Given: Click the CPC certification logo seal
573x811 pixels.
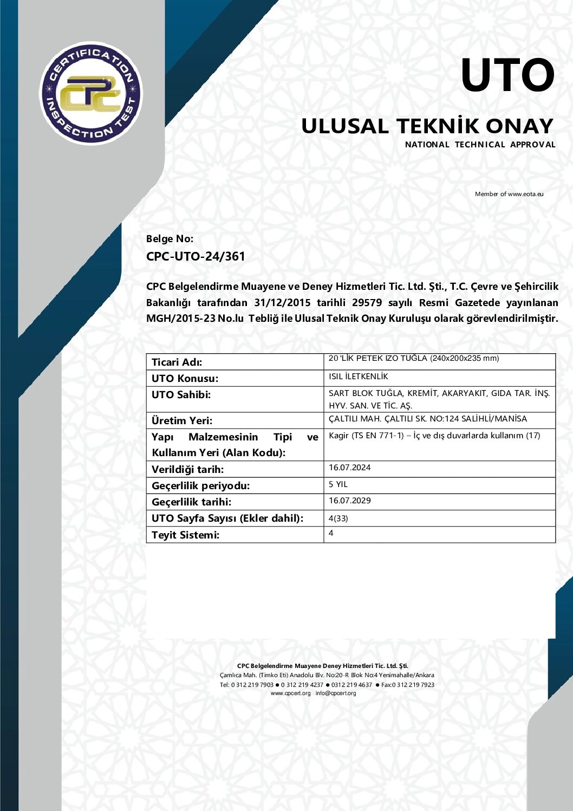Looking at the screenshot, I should [91, 93].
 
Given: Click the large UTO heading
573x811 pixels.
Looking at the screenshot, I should [507, 75].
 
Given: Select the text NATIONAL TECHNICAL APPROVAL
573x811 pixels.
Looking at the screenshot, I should [480, 145].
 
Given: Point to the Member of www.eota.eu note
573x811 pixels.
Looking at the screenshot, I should [509, 194].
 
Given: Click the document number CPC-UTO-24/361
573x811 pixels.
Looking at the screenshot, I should [196, 256].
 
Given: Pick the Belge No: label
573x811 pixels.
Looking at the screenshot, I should [170, 239].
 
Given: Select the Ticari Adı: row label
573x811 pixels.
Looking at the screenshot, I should [177, 362].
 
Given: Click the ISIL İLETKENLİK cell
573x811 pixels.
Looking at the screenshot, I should [359, 377].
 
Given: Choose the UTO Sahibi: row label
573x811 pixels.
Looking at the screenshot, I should [181, 395].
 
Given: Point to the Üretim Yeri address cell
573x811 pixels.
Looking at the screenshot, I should [428, 419].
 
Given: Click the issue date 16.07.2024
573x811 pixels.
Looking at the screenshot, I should [350, 468].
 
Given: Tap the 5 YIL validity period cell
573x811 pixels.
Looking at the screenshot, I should [338, 484].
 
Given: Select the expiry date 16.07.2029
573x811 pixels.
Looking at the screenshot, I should [350, 501].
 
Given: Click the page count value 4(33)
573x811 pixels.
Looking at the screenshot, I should [338, 518].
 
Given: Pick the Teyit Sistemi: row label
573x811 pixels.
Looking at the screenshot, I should [186, 535].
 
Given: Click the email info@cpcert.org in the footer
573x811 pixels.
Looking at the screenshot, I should [336, 693].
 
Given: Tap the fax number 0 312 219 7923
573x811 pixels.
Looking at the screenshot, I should [413, 685].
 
